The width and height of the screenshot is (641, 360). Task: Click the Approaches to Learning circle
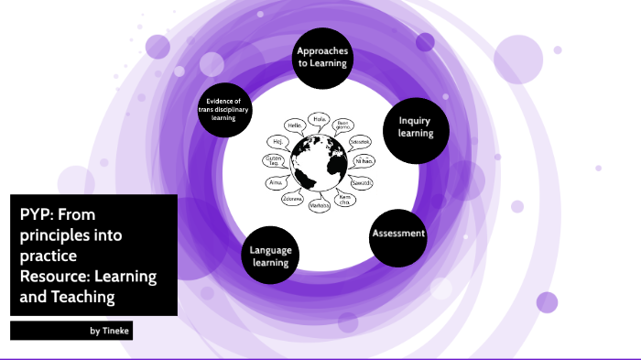321,58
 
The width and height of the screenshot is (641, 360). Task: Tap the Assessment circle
398,234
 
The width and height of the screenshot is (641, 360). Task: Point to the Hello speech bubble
295,125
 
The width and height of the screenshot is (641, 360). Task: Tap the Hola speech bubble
320,119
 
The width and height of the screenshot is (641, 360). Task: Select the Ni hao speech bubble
364,161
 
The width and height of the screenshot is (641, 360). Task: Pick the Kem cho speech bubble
345,199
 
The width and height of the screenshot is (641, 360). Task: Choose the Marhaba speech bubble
319,206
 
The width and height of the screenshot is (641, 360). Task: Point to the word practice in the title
52,256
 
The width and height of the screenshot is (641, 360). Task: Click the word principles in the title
54,235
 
